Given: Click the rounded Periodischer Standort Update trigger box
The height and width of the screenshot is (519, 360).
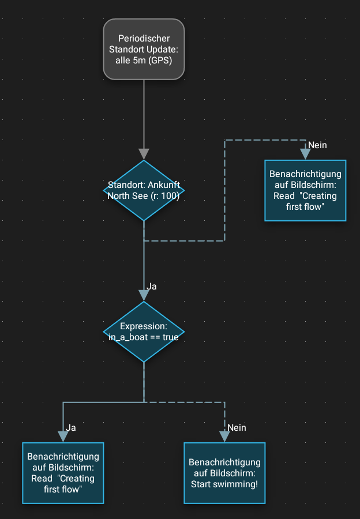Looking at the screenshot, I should (x=144, y=48).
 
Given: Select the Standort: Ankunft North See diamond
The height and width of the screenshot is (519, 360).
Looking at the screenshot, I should (x=144, y=190).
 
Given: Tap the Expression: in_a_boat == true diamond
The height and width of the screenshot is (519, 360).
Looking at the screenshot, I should (x=144, y=332).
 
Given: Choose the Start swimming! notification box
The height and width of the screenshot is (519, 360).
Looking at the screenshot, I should (x=224, y=473).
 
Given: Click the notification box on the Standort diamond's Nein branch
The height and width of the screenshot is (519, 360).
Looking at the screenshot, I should (x=305, y=190).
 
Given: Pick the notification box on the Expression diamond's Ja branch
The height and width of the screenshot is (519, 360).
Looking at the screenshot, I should (x=63, y=473).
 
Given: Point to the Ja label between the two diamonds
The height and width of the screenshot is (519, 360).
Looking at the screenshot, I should (x=152, y=286).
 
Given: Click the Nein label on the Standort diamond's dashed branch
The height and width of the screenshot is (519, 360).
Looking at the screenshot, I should (x=317, y=145).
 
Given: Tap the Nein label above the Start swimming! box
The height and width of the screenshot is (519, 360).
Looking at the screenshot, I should (x=237, y=427).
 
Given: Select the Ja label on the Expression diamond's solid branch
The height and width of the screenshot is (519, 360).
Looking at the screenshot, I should (x=71, y=427).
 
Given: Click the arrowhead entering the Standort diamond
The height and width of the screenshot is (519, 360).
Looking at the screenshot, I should (x=144, y=154).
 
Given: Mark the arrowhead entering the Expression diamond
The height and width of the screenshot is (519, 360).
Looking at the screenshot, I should (x=144, y=295).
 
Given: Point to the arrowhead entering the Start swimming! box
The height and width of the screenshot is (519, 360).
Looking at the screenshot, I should (x=224, y=437).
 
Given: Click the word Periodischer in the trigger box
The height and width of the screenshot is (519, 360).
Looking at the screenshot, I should (x=144, y=38).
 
